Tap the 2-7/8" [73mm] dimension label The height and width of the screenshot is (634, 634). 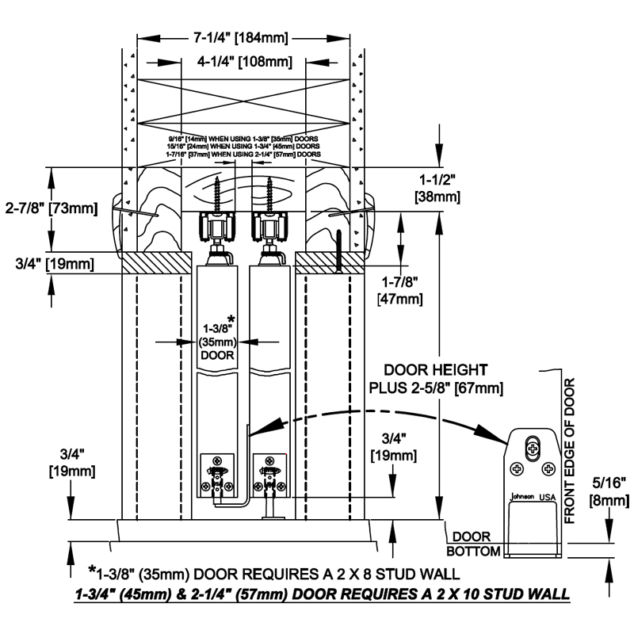pyautogui.click(x=49, y=209)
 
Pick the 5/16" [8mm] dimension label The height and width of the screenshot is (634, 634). pyautogui.click(x=609, y=491)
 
